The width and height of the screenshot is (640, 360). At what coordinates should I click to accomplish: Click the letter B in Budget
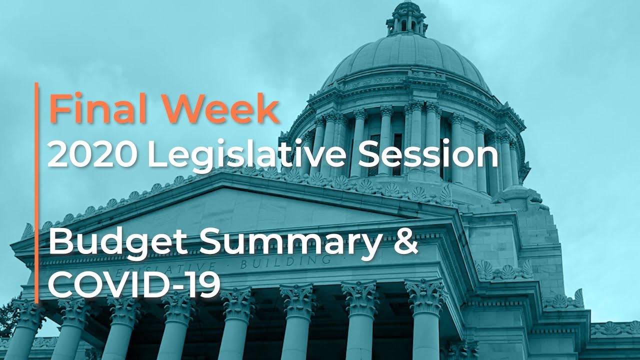(x=59, y=242)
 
